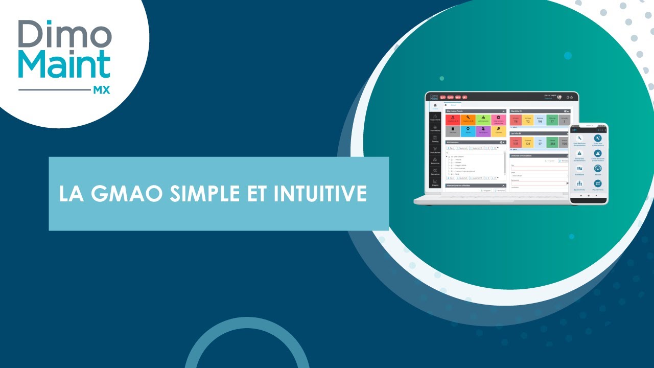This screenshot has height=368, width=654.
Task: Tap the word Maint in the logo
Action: point(64,65)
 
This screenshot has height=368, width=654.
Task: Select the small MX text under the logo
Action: point(101,90)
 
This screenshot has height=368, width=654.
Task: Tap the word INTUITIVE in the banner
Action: point(317,194)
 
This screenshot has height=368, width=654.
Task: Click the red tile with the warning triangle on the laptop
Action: point(453,119)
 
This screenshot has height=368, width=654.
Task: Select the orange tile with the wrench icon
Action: point(468,119)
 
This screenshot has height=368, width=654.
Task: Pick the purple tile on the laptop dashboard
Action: point(483,131)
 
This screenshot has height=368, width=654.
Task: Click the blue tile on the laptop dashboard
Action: point(468,131)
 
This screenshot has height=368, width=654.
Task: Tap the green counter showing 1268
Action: point(551,143)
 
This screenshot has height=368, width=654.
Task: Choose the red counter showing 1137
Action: point(515,143)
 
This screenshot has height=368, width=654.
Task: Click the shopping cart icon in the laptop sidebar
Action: point(435,148)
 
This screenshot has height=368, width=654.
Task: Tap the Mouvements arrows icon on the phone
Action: point(597,183)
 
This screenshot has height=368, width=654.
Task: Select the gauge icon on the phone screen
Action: point(597,168)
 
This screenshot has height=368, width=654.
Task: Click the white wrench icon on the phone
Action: point(579,139)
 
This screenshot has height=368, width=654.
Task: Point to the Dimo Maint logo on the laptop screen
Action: point(434,96)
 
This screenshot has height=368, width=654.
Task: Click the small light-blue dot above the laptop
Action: point(568,55)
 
